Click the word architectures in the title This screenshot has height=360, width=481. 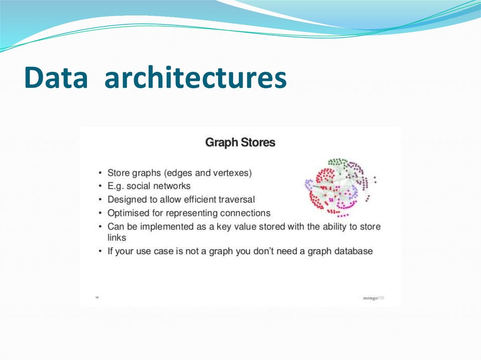(195, 78)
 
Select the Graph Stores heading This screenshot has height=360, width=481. (240, 143)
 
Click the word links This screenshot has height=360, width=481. (116, 238)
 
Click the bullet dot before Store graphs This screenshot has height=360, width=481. (100, 173)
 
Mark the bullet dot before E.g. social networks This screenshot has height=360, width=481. (100, 186)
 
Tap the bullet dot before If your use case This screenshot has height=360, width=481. (100, 252)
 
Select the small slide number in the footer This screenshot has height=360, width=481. (97, 297)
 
